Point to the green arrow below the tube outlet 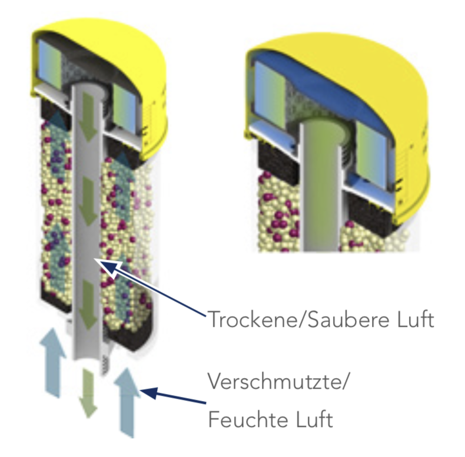[88, 392]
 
